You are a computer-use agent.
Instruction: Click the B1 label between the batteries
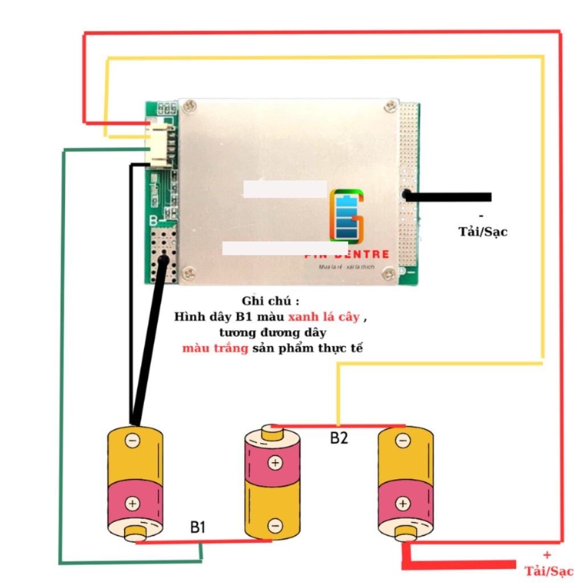(198, 528)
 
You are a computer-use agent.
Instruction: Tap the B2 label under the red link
(339, 438)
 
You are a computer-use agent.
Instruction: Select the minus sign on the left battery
(133, 440)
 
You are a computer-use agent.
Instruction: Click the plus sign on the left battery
(133, 503)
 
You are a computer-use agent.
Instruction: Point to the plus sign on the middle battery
(275, 463)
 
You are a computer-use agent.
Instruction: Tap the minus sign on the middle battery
(275, 526)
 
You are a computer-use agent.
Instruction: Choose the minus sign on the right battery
(403, 440)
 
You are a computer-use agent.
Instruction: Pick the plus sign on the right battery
(403, 503)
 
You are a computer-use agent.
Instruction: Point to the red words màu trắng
(215, 348)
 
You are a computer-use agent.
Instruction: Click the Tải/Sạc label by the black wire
(483, 232)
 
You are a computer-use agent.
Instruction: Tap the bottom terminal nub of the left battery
(136, 535)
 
